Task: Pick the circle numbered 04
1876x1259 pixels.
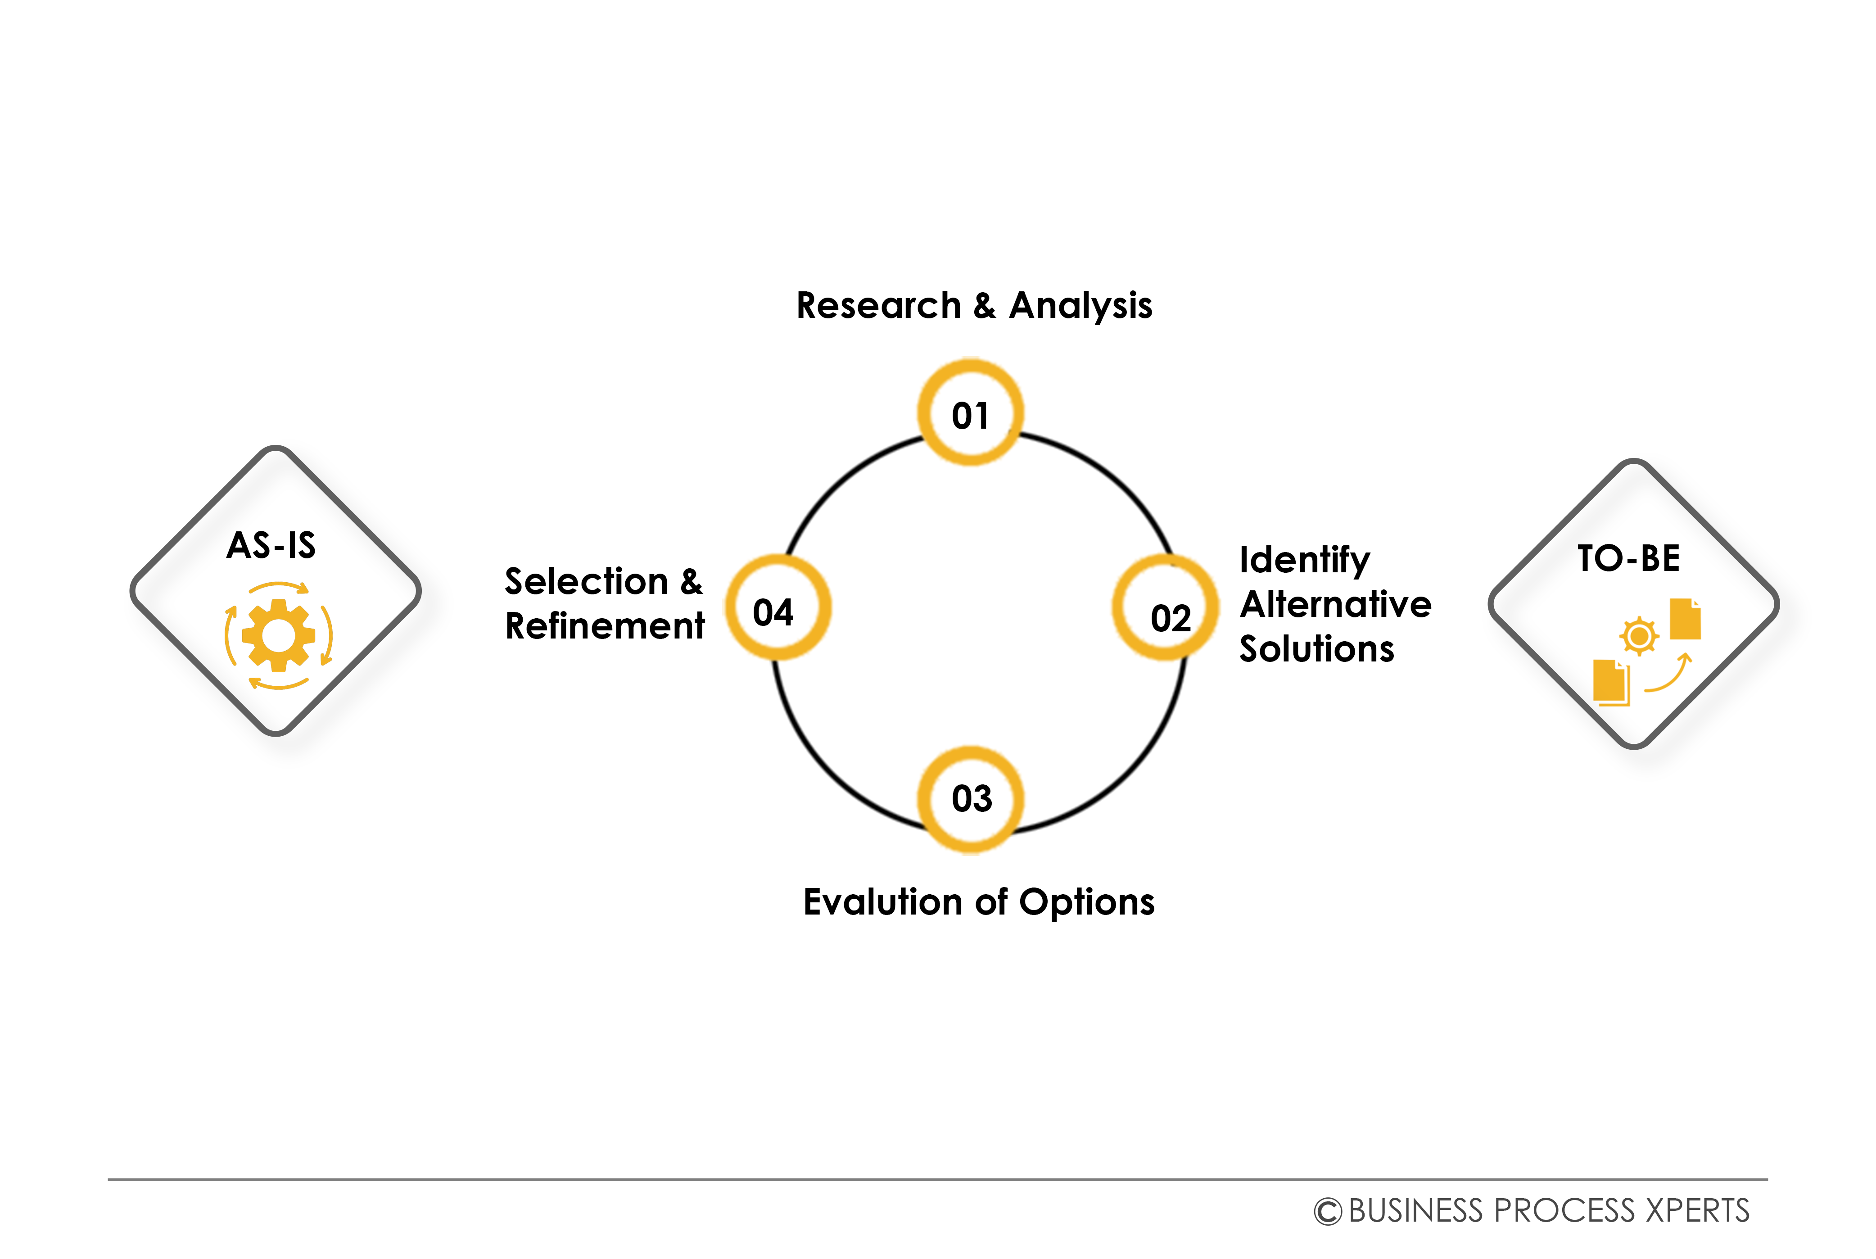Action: point(777,608)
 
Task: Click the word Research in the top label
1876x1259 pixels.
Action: point(878,306)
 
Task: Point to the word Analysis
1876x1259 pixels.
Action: point(1080,306)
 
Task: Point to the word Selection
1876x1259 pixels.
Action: point(586,581)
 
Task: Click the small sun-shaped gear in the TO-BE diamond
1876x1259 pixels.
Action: point(1638,637)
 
